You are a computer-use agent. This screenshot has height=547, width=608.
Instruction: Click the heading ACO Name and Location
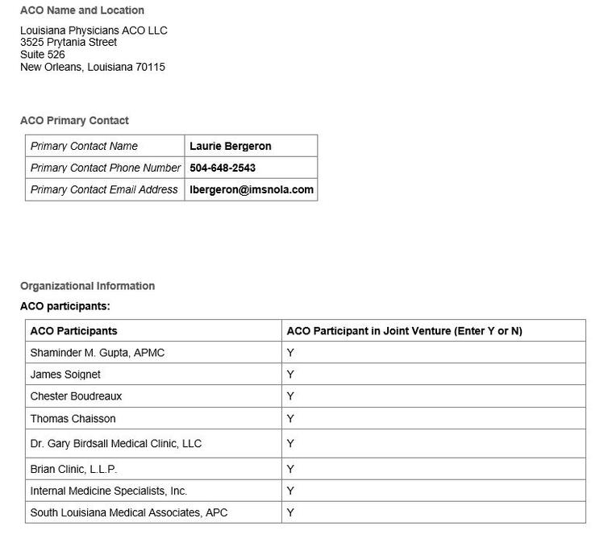coord(82,10)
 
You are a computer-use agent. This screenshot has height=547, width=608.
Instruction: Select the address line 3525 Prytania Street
coord(69,42)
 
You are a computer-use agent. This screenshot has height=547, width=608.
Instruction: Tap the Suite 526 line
coord(43,55)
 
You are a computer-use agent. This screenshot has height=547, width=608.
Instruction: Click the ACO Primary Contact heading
coord(74,121)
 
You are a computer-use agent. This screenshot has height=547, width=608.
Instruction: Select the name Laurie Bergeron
coord(231,146)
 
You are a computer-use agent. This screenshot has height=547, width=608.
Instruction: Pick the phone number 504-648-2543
coord(223,168)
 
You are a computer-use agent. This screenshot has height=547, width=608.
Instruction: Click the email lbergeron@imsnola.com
coord(252,189)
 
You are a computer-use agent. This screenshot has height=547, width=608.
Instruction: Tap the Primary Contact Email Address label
coord(104,189)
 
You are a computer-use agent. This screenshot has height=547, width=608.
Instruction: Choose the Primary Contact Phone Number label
coord(106,168)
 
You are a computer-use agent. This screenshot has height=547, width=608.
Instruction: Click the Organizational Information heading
coord(87,286)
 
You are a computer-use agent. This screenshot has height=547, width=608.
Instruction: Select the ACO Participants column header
coord(73,331)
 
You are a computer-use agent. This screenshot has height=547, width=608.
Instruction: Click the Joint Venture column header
coord(405,331)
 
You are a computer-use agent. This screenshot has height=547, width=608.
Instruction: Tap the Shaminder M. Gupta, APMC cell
coord(98,353)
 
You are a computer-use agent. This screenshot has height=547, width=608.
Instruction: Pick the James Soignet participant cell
coord(65,375)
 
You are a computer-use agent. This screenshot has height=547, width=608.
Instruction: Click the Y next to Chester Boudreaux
coord(290,396)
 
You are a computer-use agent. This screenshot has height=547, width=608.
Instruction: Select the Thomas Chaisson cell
coord(73,419)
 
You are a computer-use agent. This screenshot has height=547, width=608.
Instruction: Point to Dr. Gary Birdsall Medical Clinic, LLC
coord(116,444)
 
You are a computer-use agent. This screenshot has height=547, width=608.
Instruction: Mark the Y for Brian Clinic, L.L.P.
coord(290,469)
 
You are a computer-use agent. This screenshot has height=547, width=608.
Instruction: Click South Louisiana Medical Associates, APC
coord(129,512)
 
